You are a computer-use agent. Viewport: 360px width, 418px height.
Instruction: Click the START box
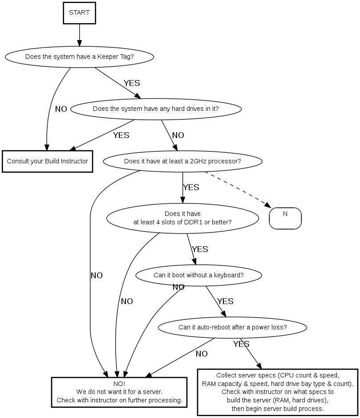80,13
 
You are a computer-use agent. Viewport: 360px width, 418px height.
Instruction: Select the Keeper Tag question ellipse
80,57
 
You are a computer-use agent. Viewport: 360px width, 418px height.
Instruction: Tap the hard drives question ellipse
156,109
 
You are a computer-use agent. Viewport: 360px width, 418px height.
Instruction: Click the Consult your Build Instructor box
48,161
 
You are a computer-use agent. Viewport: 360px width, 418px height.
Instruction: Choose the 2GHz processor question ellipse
182,161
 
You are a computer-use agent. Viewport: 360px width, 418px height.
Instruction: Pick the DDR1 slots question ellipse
182,218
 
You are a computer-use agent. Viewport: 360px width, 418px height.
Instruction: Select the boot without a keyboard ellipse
198,275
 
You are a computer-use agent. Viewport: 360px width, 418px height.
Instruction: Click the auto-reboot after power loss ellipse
232,327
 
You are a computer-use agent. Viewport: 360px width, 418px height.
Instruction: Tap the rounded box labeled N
285,218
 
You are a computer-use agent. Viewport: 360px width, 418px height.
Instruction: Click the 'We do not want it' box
119,392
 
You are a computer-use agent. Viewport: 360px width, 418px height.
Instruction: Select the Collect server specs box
278,392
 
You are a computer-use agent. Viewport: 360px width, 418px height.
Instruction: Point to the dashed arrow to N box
238,189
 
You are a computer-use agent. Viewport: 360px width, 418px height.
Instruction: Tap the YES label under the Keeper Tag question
132,83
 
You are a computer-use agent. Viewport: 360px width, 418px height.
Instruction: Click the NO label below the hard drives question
178,135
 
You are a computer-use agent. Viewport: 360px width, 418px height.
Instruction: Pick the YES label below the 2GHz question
191,187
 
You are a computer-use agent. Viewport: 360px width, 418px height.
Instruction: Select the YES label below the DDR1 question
200,249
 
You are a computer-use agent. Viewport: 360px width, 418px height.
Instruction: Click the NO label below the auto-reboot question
202,354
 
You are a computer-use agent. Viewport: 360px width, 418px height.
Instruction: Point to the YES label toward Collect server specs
241,344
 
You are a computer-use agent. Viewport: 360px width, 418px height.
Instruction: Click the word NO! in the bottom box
119,384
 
